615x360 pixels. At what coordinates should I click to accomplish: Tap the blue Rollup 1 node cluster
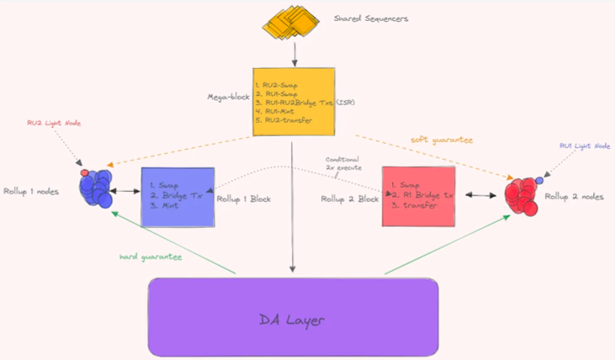[x=98, y=188]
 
